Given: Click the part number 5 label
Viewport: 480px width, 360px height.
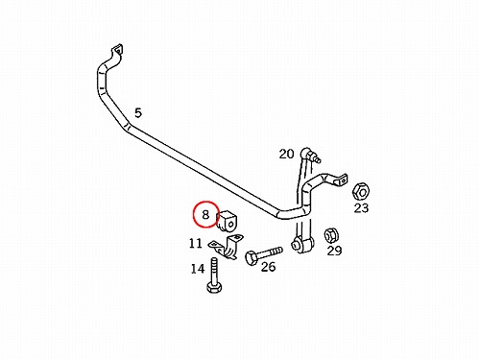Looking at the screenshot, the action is pos(138,113).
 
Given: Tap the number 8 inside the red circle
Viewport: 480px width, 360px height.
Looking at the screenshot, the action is pos(205,214).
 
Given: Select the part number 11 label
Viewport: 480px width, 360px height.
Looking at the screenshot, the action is pos(196,244).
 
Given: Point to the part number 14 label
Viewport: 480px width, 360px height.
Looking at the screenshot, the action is pos(198,269).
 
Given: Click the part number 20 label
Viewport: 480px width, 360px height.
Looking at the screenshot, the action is pos(286,154).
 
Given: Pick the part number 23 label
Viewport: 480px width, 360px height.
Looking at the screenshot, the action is pos(361,208).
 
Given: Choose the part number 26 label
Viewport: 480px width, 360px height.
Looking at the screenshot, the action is pos(268,267).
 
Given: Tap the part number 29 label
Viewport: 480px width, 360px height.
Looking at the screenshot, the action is pos(334,251).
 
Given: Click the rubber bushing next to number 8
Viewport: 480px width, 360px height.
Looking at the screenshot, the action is pos(228,221).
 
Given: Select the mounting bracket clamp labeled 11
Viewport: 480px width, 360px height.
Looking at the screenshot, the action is pos(226,247).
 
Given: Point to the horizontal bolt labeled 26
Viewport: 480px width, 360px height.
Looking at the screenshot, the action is pos(264,254).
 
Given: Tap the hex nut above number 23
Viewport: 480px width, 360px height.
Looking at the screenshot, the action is pos(362,192).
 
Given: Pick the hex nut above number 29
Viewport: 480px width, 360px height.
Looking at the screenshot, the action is pos(331,236).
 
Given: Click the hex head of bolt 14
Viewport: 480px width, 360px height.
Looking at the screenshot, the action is pos(215,287).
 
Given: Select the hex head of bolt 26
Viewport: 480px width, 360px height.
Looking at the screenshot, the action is pos(252,258).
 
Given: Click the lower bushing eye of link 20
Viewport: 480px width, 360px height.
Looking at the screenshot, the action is pos(300,245).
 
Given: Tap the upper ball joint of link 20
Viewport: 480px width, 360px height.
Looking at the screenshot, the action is pos(308,154).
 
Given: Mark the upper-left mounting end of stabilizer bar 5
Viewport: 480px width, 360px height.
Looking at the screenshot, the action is pos(117,52).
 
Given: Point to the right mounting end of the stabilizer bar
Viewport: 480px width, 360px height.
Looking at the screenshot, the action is pos(341,180).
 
